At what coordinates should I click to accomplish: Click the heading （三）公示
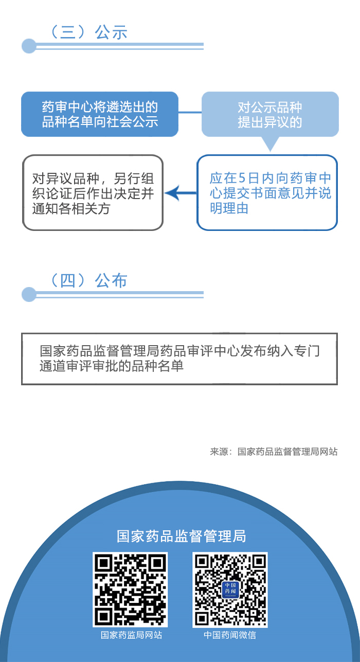click(88, 32)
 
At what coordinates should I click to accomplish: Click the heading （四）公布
click(88, 280)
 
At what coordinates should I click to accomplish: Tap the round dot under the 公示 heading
click(29, 46)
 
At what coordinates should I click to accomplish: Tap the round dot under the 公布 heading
click(29, 294)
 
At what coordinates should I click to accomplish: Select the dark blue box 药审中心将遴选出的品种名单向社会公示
click(100, 114)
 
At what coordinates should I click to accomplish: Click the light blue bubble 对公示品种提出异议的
click(270, 114)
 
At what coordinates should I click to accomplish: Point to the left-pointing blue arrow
click(181, 193)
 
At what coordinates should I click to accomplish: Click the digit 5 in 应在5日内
click(242, 178)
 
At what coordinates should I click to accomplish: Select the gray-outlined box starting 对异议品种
click(93, 193)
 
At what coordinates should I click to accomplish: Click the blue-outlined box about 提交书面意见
click(267, 193)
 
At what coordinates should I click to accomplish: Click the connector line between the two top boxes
click(190, 112)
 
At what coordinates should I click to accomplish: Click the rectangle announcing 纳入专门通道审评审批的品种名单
click(179, 359)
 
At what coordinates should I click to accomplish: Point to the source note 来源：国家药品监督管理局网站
click(274, 452)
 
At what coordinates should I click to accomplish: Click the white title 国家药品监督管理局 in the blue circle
click(181, 536)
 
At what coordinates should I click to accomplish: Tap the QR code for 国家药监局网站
click(130, 589)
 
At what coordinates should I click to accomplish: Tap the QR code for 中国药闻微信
click(230, 589)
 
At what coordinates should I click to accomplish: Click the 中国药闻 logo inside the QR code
click(230, 589)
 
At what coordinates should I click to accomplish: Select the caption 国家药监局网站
click(131, 635)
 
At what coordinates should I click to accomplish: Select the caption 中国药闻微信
click(230, 635)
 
